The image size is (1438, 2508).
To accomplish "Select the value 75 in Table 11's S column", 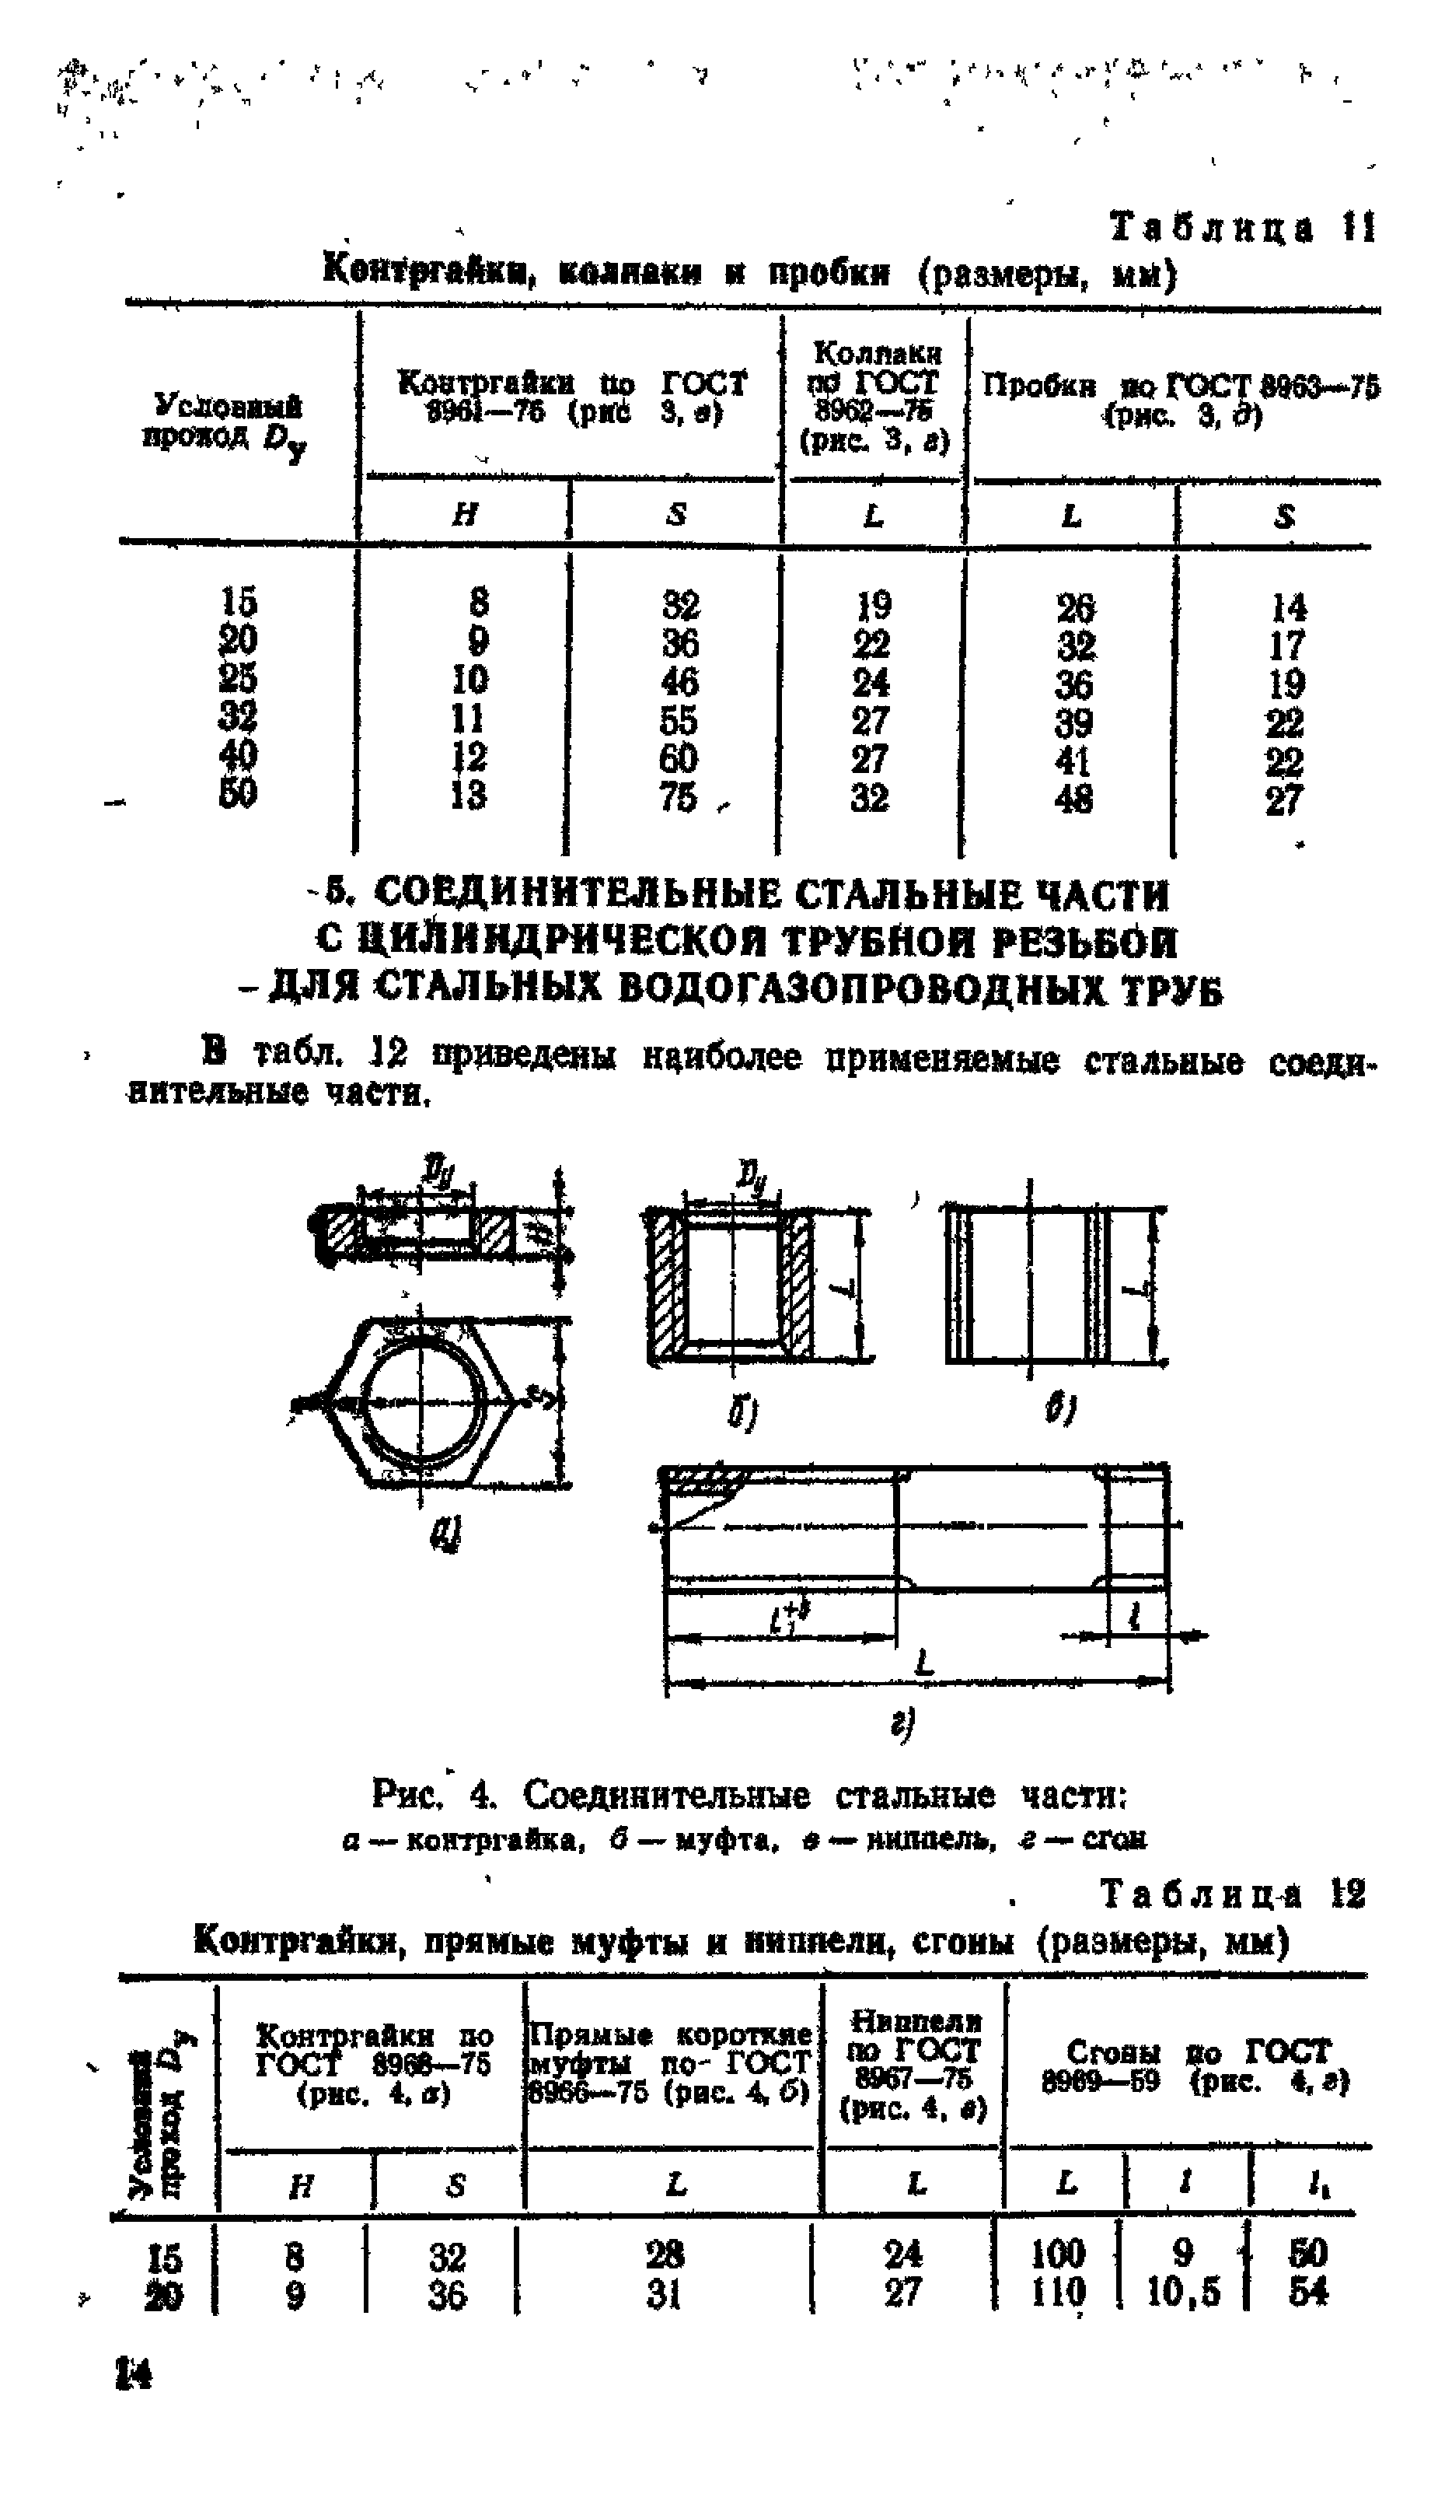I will pos(679,796).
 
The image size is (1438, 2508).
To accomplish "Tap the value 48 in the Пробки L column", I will pos(1073,798).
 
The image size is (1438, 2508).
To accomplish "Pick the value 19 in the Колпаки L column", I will pos(872,603).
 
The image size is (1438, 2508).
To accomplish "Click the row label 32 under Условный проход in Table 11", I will pos(238,716).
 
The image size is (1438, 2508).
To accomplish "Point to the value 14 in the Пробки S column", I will pos(1287,606).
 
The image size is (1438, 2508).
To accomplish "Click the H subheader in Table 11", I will pos(464,513).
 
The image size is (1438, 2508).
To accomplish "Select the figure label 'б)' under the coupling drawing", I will pos(742,1415).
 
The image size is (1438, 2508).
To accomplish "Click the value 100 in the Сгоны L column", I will pos(1058,2254).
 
